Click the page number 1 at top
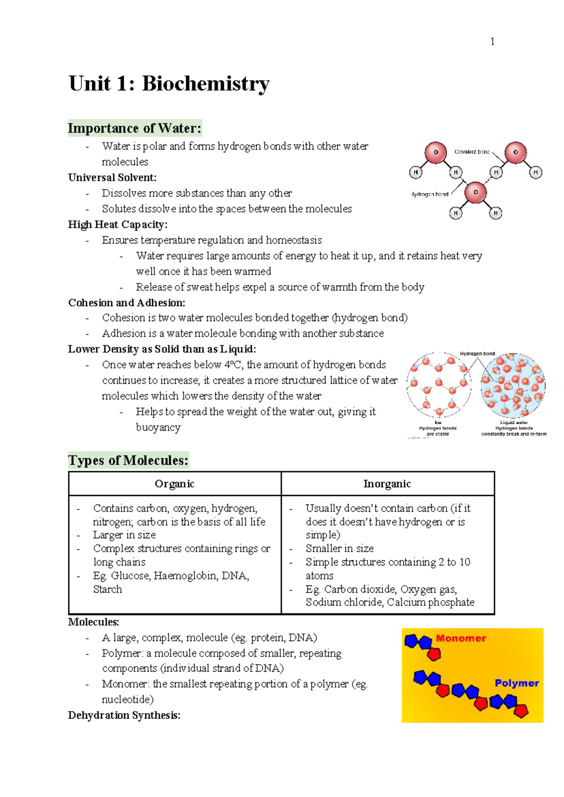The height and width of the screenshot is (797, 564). point(492,42)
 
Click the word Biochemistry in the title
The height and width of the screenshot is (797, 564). point(205,84)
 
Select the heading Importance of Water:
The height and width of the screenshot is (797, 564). point(134,128)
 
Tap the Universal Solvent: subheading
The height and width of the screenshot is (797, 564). point(112,178)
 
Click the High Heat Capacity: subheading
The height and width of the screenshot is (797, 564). point(117,224)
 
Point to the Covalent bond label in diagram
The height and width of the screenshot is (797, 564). point(472,152)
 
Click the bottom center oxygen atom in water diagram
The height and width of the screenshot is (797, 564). point(475,193)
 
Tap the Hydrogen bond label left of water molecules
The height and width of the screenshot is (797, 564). point(430,194)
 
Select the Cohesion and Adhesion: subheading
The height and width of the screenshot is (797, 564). point(126,302)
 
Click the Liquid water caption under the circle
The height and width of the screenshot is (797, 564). point(514,423)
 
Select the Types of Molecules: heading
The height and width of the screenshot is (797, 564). point(128,460)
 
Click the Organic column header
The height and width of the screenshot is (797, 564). point(174,484)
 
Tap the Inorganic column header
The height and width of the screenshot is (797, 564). point(387,484)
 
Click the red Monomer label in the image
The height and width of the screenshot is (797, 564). point(461,638)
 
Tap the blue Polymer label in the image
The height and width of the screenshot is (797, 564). point(517,683)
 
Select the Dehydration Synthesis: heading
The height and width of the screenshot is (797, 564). point(124,715)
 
